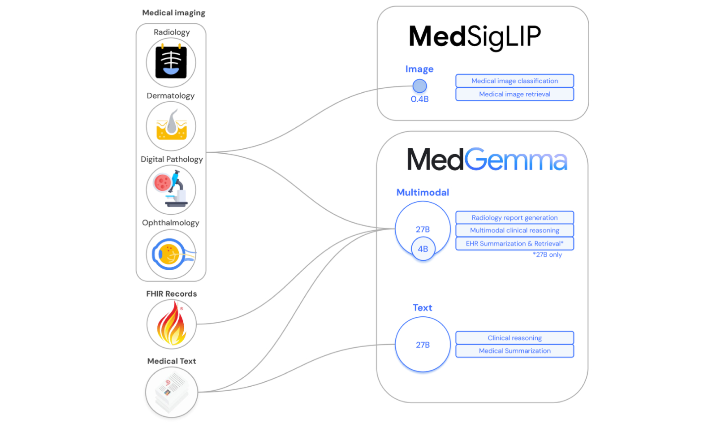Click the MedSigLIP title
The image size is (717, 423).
(x=475, y=37)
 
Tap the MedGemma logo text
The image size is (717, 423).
(x=487, y=160)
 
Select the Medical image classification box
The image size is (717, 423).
(x=514, y=81)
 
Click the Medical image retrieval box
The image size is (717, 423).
(x=514, y=94)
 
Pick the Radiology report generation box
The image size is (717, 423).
(x=514, y=218)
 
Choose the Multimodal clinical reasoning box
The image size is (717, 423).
(x=514, y=230)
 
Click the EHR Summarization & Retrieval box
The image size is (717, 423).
(x=514, y=243)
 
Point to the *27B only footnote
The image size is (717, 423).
(x=547, y=255)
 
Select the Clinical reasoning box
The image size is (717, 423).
(x=514, y=338)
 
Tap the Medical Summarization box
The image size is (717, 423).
(x=514, y=351)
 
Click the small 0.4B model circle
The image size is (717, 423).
(x=419, y=86)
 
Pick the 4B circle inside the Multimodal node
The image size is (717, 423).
(x=423, y=249)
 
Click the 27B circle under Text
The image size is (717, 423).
(x=423, y=345)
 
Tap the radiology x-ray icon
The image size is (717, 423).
(x=171, y=63)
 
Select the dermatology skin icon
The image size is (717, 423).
(x=171, y=126)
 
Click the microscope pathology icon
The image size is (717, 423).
(x=171, y=190)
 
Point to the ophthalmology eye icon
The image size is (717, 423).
(x=171, y=254)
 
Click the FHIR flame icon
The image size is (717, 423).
(x=171, y=324)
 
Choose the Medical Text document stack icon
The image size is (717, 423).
(x=171, y=392)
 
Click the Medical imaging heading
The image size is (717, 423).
(x=173, y=13)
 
